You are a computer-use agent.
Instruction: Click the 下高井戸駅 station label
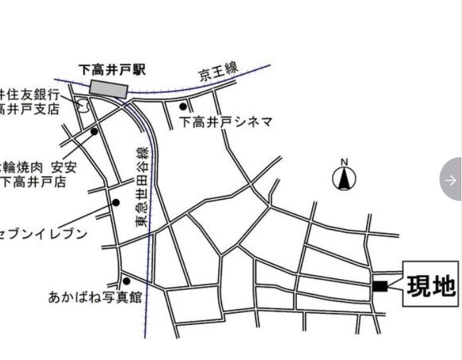point(112,69)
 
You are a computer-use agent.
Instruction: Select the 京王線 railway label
point(219,72)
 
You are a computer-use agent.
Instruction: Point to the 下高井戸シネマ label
point(226,122)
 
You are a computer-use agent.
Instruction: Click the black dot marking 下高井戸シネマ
point(183,106)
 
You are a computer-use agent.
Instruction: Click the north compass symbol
point(344,178)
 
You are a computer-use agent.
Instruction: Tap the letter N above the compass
point(344,162)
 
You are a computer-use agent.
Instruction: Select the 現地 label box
point(430,284)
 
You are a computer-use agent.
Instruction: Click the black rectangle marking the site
point(380,286)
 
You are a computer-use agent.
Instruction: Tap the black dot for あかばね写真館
point(127,281)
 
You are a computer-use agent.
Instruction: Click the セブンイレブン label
point(44,233)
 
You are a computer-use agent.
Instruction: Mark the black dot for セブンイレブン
point(116,203)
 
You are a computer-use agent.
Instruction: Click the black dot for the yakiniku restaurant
point(94,131)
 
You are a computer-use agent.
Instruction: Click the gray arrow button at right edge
point(451,180)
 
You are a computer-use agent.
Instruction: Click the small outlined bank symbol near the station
point(83,104)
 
